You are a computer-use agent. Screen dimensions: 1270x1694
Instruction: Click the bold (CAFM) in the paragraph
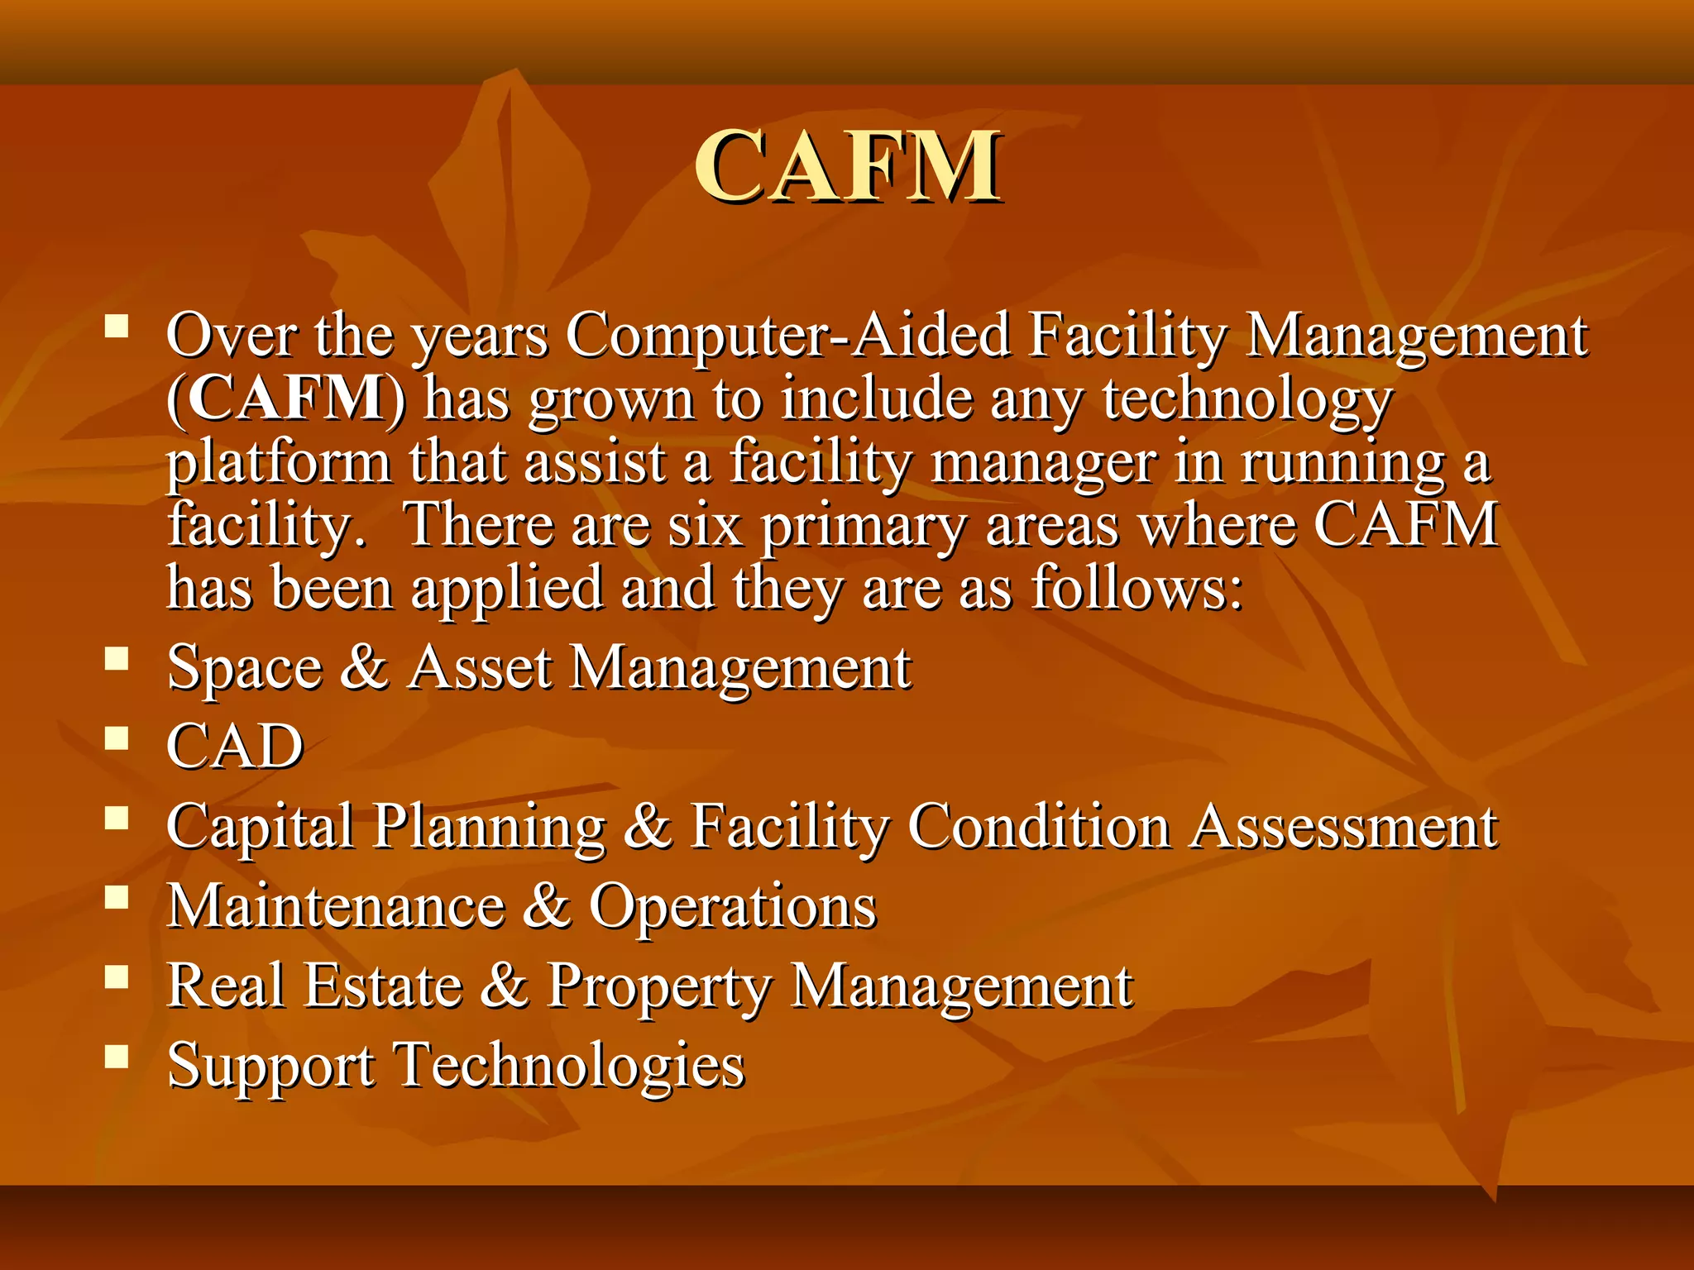[x=286, y=399]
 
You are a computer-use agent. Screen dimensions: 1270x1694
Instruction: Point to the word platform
[x=278, y=463]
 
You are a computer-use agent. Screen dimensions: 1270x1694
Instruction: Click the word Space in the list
[x=244, y=668]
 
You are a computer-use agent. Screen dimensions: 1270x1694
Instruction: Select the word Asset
[x=481, y=667]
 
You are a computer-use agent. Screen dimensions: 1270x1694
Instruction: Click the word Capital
[x=260, y=827]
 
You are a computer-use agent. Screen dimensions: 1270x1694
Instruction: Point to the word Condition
[x=1039, y=826]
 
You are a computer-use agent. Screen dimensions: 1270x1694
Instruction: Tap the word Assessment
[x=1344, y=826]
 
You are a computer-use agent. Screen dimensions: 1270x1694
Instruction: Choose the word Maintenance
[x=336, y=906]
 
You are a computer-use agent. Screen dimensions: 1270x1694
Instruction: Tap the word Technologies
[x=571, y=1066]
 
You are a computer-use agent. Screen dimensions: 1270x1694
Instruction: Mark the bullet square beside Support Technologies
[x=117, y=1055]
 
